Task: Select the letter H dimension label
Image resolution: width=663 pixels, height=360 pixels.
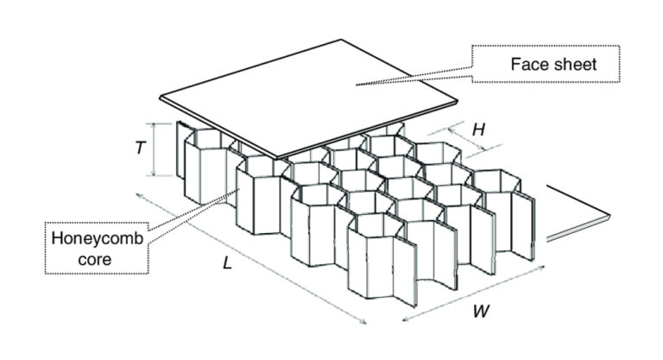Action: click(x=481, y=129)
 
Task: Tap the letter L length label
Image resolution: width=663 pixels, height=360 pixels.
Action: click(x=227, y=263)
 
